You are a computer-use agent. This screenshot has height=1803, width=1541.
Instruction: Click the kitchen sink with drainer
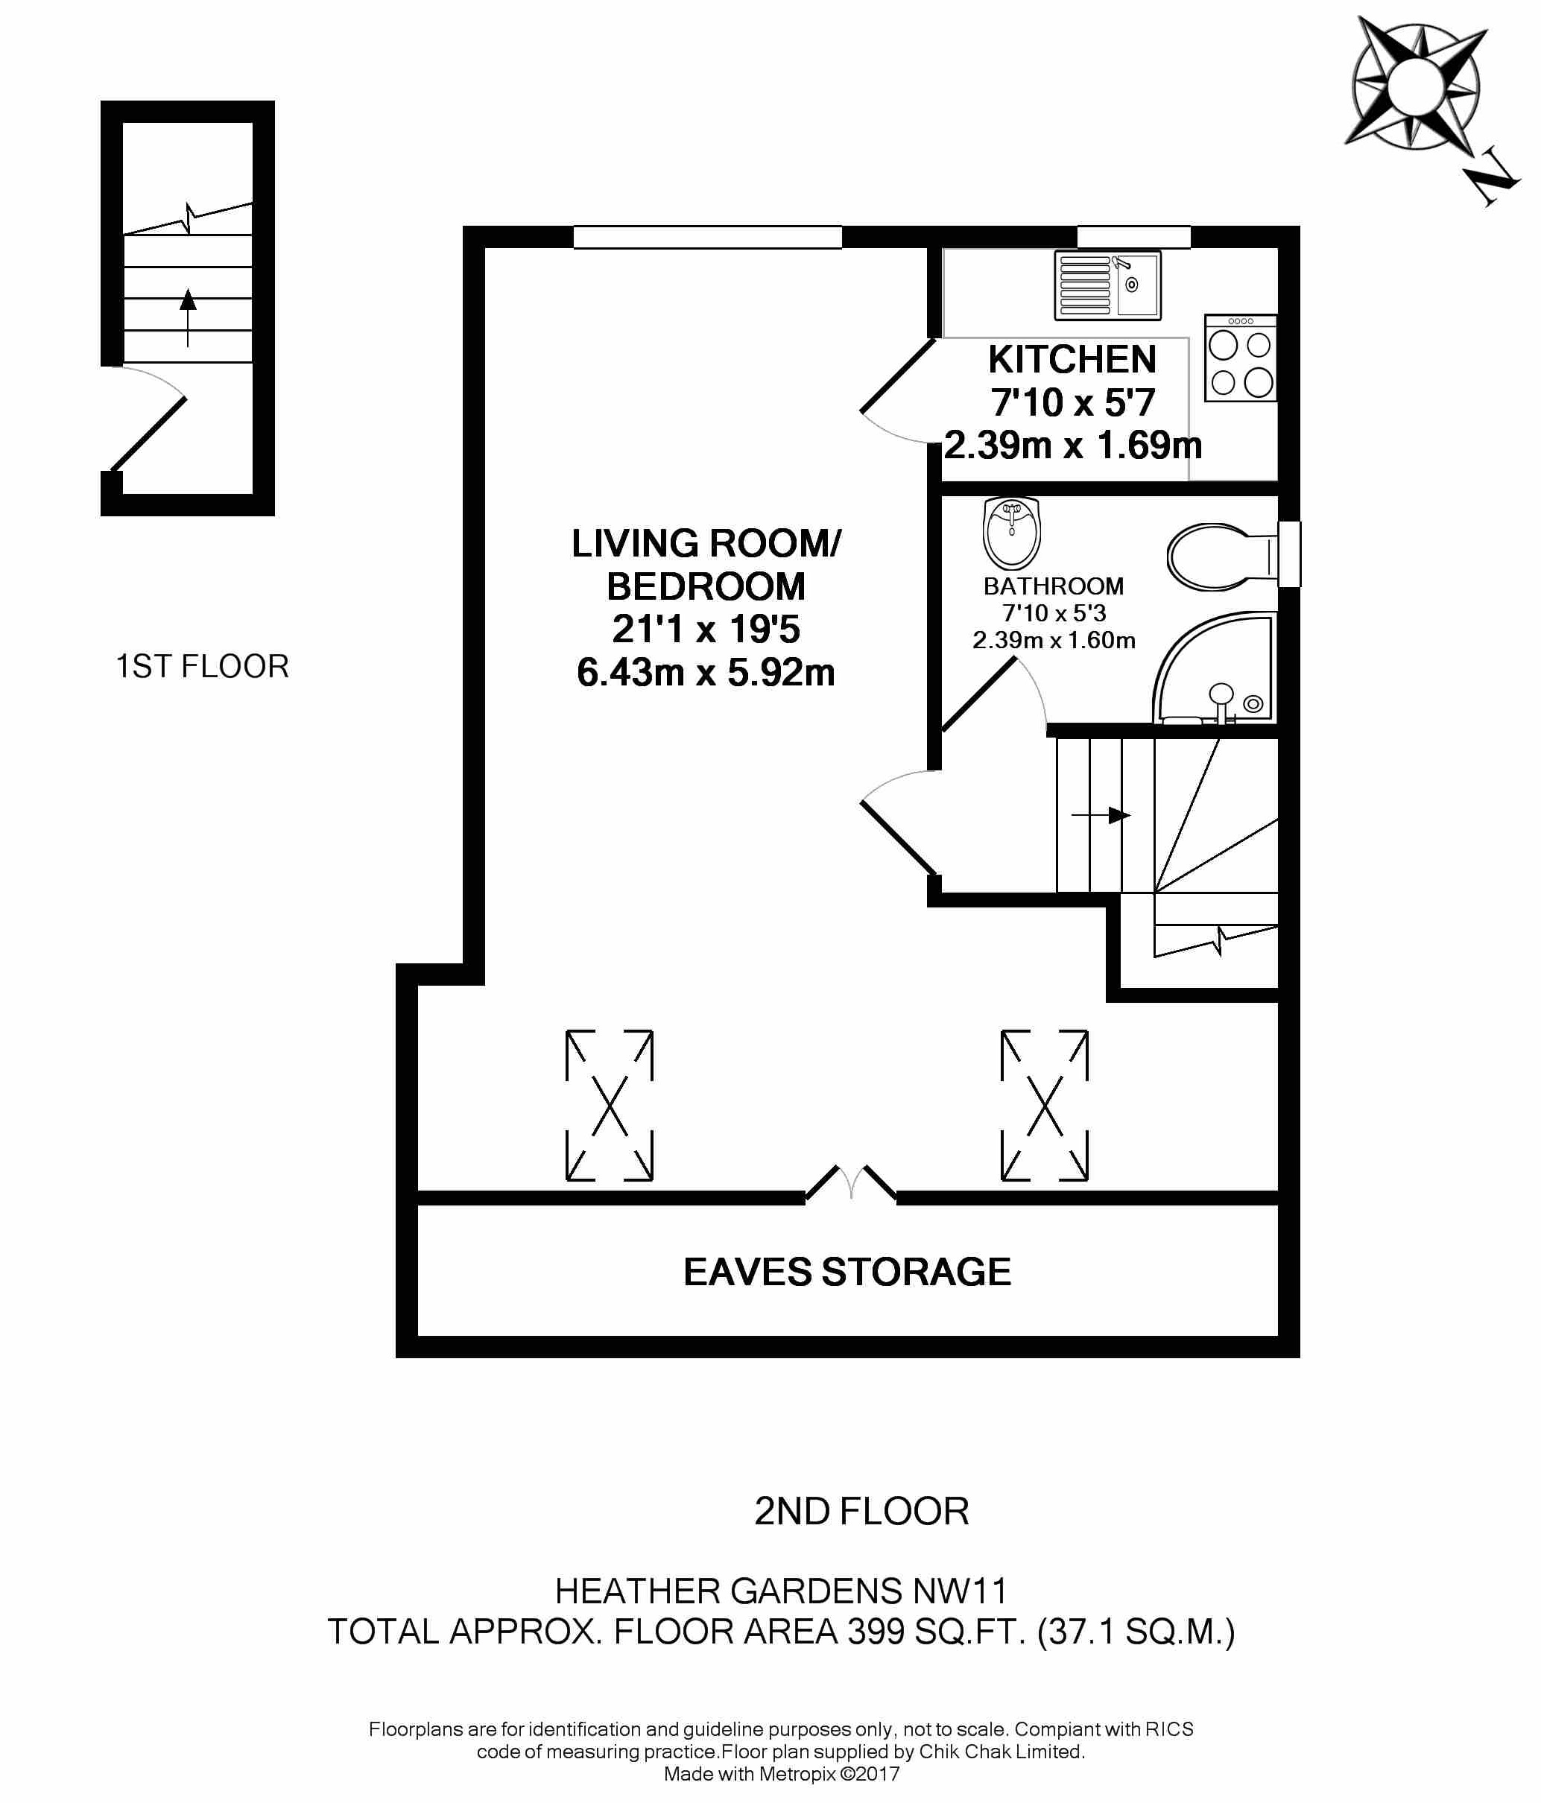point(1107,285)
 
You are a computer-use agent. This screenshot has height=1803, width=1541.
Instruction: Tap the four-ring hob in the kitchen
point(1240,358)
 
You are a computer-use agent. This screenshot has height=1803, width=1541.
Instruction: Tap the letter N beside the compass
point(1495,181)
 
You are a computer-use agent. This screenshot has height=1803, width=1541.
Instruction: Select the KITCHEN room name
point(1072,359)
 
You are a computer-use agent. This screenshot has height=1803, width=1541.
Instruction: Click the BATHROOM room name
point(1053,586)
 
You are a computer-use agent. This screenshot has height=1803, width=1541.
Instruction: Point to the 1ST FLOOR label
point(202,667)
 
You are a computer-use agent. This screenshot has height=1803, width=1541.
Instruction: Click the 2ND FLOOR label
point(861,1512)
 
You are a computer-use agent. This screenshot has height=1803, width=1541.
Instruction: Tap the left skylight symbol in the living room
point(609,1105)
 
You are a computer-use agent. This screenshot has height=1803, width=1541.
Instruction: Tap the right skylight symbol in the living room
point(1044,1105)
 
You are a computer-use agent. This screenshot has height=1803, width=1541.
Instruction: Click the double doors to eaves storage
point(850,1185)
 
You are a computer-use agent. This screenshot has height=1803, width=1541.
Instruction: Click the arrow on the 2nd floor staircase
point(1101,815)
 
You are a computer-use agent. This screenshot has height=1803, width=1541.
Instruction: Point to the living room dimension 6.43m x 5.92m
point(706,673)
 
